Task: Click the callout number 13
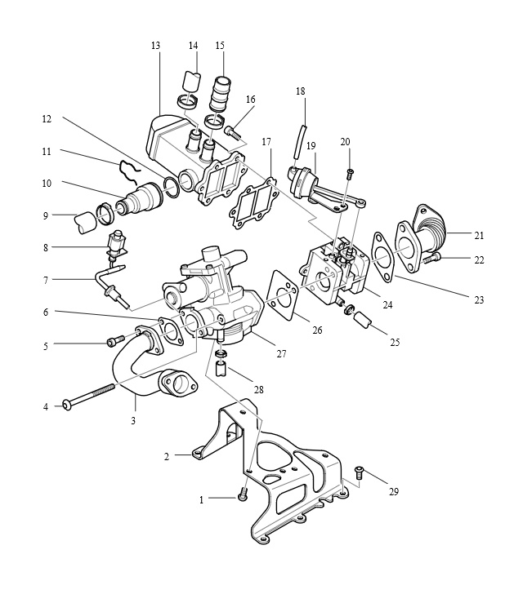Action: [x=155, y=46]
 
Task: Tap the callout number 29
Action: [x=394, y=492]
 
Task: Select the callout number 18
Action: [x=300, y=91]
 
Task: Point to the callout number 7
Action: [x=46, y=281]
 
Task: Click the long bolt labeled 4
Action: [x=90, y=397]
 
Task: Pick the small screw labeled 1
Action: [x=243, y=494]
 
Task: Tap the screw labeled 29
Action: [x=358, y=472]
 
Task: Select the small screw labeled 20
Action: [x=350, y=174]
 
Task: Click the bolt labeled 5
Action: [x=115, y=339]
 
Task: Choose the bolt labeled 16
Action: [x=232, y=131]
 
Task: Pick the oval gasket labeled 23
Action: [x=383, y=258]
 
